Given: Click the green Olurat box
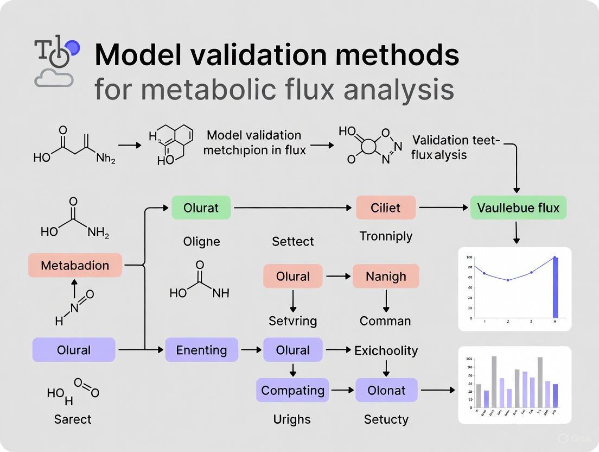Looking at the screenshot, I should coord(201,208).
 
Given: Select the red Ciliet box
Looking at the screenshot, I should coord(386,208).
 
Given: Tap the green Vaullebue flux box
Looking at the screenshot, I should coord(518,208).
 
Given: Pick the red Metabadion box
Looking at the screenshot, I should coord(75,266).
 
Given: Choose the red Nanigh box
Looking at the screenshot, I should coord(386,276).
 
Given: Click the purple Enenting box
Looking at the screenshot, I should coord(201,350).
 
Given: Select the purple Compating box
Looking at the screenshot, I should coord(292,390).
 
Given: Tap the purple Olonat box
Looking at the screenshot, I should coord(386,390).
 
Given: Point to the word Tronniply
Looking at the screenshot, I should coord(386,236).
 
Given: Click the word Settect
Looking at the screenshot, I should coord(292,241).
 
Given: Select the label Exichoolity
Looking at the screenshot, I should coord(386,350).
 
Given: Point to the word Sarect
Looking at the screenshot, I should coord(73,419).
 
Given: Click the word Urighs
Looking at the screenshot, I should coord(292,419).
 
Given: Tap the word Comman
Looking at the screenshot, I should coord(385,321).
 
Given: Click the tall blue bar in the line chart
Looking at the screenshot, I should coord(555,287).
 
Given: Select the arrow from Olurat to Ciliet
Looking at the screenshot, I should coord(293,208).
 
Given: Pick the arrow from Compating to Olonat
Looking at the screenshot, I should coord(342,390).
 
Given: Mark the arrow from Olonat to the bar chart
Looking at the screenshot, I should coord(437,390).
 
